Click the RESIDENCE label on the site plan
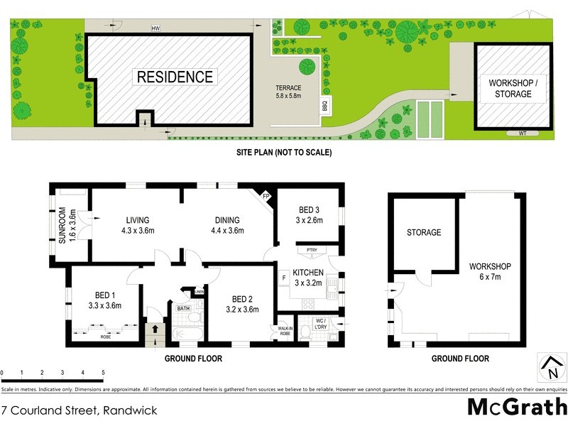(x=175, y=77)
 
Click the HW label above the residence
(x=155, y=28)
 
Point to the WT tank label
(x=522, y=133)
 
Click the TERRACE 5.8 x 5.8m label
(x=288, y=91)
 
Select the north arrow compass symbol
(x=552, y=367)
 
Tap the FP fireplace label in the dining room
(x=266, y=196)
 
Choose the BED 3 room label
(x=310, y=214)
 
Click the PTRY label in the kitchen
(x=311, y=250)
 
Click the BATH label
(x=184, y=307)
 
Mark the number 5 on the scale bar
(x=103, y=372)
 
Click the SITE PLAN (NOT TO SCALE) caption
(x=284, y=152)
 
